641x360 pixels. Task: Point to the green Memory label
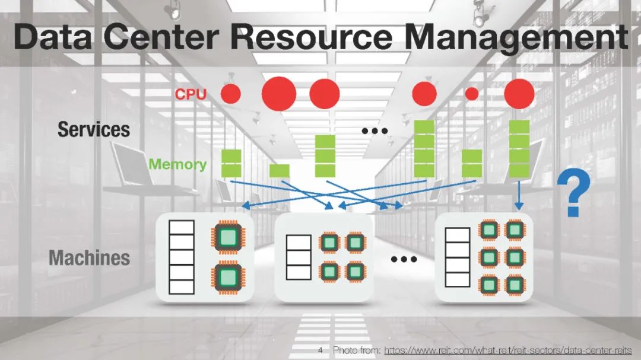pyautogui.click(x=177, y=164)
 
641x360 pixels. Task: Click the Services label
pyautogui.click(x=93, y=129)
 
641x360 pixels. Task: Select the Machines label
pyautogui.click(x=89, y=258)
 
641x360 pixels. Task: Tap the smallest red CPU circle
pyautogui.click(x=471, y=94)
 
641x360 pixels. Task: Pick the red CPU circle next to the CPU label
pyautogui.click(x=231, y=94)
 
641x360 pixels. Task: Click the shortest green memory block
pyautogui.click(x=280, y=171)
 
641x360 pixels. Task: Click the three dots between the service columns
pyautogui.click(x=375, y=130)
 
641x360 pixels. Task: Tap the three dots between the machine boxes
pyautogui.click(x=404, y=259)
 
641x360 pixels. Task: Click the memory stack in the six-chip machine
pyautogui.click(x=458, y=257)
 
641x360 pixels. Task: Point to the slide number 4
pyautogui.click(x=320, y=351)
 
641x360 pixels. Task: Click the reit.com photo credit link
pyautogui.click(x=508, y=351)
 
